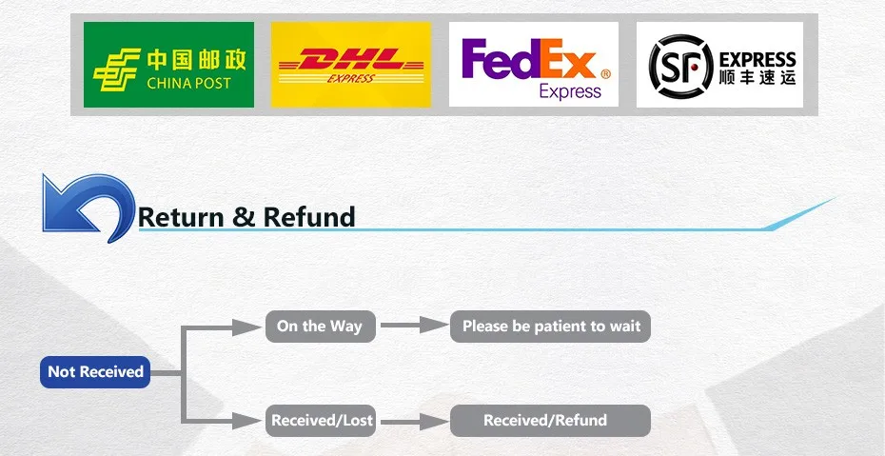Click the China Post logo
168,65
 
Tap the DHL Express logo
350,65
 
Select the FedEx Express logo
533,65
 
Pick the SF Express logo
719,65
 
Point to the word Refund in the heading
309,217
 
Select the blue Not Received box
95,372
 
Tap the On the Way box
320,327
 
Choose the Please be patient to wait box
550,327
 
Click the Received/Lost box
320,421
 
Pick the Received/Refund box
550,421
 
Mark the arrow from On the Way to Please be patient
414,325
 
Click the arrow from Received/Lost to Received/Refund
414,421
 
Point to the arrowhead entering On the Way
247,327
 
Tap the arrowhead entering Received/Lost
247,421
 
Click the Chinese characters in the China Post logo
196,59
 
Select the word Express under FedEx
570,90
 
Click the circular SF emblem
680,66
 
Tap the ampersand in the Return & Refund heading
244,217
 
